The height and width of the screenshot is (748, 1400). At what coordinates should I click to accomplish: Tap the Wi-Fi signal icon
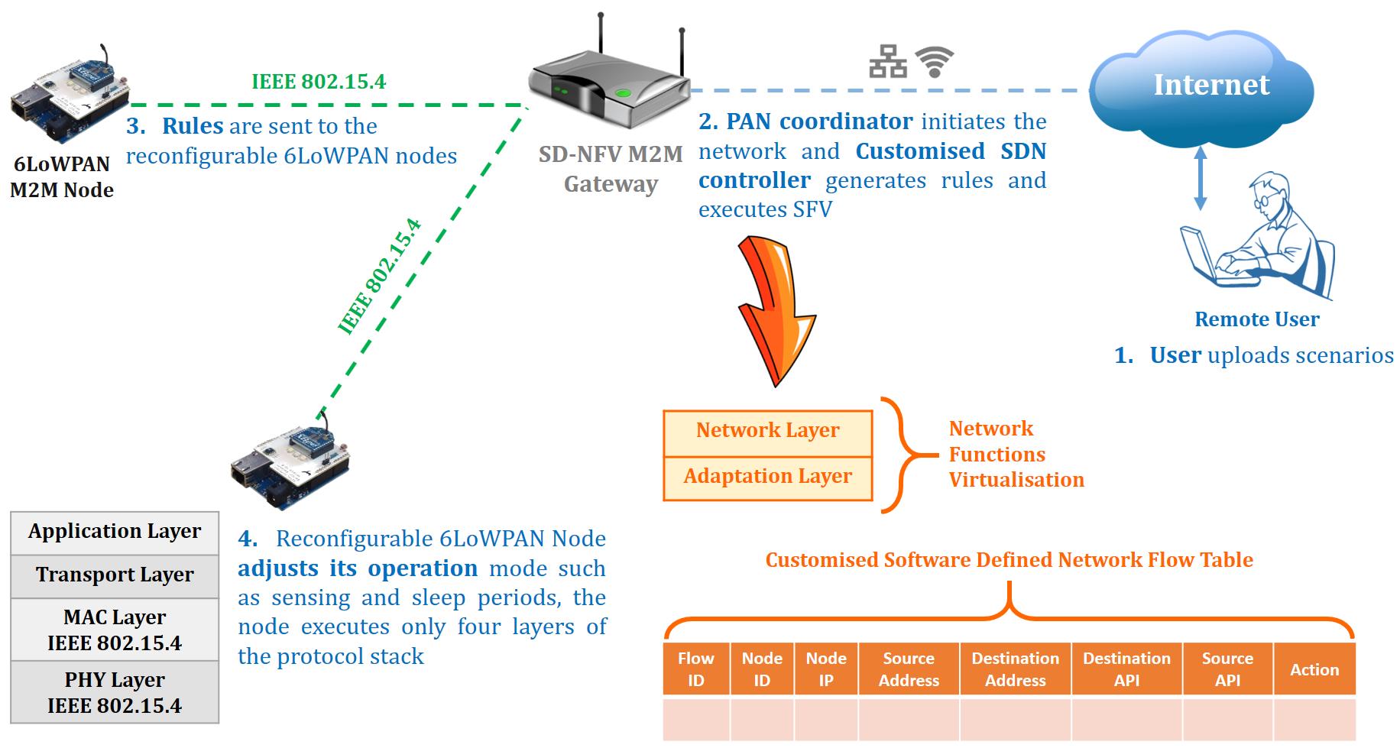click(x=935, y=62)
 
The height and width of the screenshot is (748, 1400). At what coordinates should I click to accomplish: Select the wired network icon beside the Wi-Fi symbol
click(x=888, y=62)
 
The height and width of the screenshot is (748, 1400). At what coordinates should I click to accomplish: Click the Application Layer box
click(x=115, y=533)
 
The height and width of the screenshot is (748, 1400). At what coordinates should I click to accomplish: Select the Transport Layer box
click(x=115, y=576)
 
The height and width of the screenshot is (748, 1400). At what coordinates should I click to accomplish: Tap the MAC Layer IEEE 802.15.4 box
click(x=115, y=630)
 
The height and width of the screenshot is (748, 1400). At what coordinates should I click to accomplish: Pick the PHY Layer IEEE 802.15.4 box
click(x=115, y=692)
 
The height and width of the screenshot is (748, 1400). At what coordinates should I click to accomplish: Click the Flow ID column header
click(x=695, y=669)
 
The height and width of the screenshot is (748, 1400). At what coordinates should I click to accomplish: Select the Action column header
click(x=1314, y=669)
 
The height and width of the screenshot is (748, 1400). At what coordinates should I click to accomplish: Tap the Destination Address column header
click(x=1015, y=669)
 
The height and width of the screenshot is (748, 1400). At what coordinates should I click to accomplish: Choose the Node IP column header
click(x=826, y=669)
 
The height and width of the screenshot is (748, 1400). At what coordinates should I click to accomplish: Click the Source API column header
click(x=1227, y=669)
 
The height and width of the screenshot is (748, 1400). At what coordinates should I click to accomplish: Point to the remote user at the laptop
click(x=1261, y=237)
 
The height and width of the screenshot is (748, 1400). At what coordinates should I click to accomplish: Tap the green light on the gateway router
click(x=624, y=93)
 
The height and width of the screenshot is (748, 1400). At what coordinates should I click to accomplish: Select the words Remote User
click(x=1256, y=319)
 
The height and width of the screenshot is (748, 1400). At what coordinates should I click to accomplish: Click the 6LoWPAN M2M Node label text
click(x=62, y=177)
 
